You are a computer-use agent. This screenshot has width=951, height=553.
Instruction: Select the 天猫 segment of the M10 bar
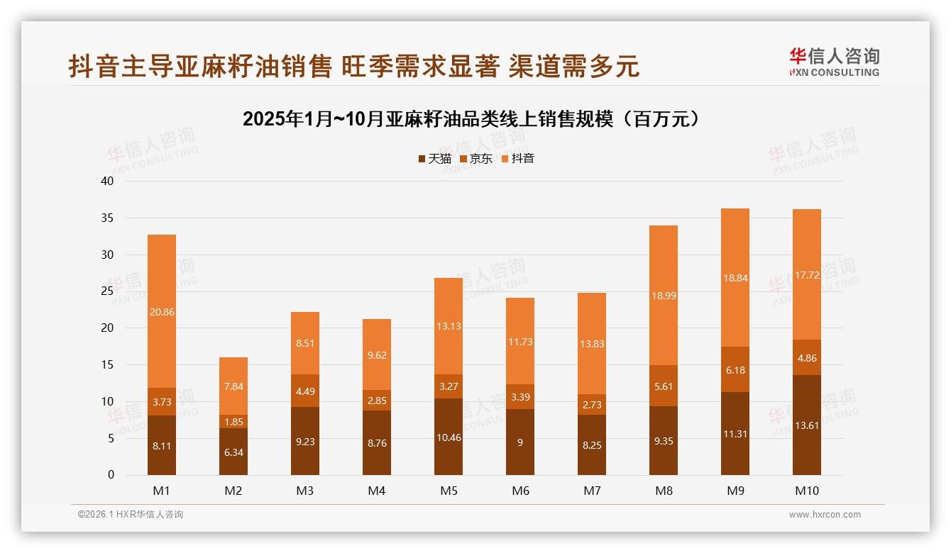tap(806, 425)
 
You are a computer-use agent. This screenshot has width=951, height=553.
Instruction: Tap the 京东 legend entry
tap(476, 159)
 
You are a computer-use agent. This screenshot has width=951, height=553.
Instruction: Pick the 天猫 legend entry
tap(434, 159)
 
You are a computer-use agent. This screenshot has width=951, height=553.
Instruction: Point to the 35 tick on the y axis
tap(107, 218)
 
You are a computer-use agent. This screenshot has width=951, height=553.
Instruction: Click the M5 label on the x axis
tap(449, 491)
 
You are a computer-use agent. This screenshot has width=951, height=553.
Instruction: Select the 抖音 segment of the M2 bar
tap(233, 386)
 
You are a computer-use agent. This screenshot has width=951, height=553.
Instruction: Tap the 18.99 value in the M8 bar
tap(663, 296)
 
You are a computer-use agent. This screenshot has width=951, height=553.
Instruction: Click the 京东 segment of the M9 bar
tap(735, 369)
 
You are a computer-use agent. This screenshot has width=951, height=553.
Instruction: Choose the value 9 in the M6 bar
tap(520, 442)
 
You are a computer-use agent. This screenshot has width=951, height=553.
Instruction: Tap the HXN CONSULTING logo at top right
tap(834, 62)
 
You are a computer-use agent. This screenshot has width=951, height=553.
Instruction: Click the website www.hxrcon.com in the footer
tap(825, 515)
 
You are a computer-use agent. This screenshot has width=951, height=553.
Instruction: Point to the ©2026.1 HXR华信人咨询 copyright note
tap(131, 515)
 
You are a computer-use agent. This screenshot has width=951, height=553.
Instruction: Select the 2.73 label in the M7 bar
tap(592, 404)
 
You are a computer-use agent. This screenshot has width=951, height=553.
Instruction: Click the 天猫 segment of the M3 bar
tap(305, 440)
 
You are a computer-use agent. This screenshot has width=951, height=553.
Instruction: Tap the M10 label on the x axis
tap(806, 491)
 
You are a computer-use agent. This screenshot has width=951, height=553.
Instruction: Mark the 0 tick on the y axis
tap(111, 475)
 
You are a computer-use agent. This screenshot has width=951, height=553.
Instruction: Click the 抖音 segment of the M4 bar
tap(377, 354)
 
